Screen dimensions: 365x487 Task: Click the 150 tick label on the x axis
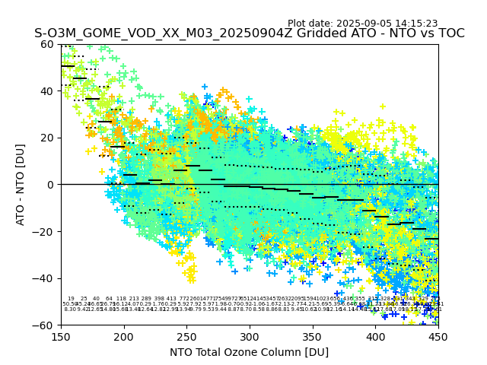(x=61, y=336)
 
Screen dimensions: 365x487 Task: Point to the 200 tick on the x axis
(x=124, y=336)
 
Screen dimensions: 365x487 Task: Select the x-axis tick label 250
(x=186, y=336)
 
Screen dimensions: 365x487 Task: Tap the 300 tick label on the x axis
(x=250, y=336)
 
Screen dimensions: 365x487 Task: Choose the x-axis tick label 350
(x=313, y=336)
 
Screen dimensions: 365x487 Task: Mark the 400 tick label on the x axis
(x=375, y=336)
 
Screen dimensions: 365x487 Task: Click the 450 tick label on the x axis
(x=438, y=336)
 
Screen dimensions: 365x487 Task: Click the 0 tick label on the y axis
(x=51, y=185)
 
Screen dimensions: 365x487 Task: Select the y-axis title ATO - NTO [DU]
(x=21, y=185)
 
